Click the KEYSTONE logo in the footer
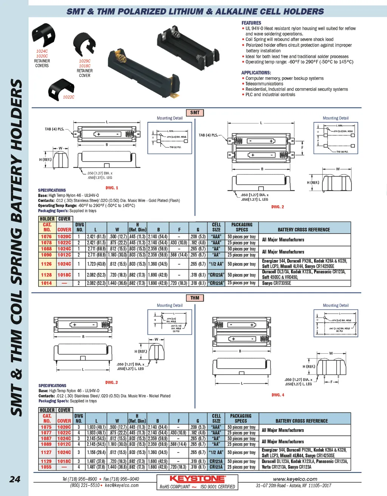tap(197, 479)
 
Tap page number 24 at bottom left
tap(15, 479)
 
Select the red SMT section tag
tap(195, 112)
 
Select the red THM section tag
tap(195, 298)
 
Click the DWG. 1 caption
tap(112, 188)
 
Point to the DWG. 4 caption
tap(278, 395)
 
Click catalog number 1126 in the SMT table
tap(46, 264)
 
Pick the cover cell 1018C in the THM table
tap(64, 461)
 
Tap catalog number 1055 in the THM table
tap(46, 467)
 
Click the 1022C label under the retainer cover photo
tap(68, 97)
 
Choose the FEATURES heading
tap(251, 23)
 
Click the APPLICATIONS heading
tap(256, 73)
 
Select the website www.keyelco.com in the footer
tap(295, 479)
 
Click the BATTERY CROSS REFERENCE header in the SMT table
tap(303, 229)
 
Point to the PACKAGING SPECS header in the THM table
tap(241, 418)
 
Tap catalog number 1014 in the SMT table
tap(46, 283)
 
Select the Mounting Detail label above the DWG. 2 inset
tap(336, 118)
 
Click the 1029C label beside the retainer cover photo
tap(85, 61)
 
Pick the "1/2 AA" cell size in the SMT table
tap(216, 264)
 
